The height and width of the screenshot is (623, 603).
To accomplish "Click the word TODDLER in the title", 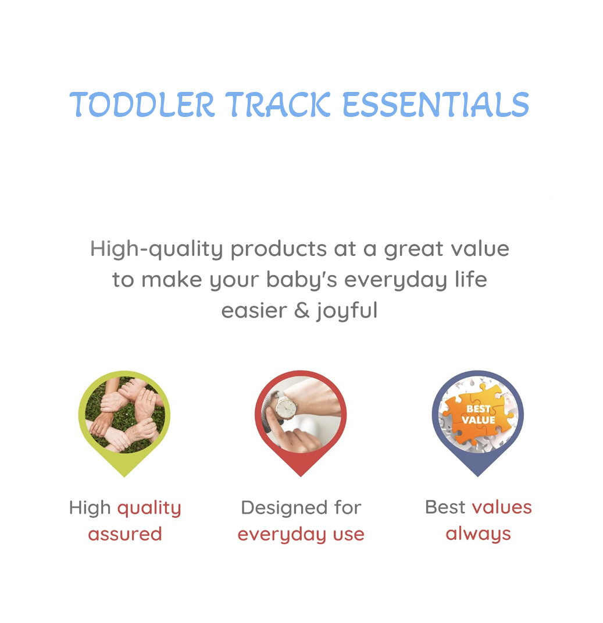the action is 142,105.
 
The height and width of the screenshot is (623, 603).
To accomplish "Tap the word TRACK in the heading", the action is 278,105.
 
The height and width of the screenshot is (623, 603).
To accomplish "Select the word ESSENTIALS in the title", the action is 436,105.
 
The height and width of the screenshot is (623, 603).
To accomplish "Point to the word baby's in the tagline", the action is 302,280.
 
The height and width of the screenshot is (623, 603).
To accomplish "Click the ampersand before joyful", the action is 302,310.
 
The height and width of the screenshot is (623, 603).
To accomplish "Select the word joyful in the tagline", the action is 347,311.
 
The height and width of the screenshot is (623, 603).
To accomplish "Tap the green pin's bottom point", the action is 124,476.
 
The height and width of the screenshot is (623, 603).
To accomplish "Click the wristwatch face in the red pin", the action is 286,408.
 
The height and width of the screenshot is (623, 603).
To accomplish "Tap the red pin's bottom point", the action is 301,476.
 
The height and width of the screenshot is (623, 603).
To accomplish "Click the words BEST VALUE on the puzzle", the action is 478,414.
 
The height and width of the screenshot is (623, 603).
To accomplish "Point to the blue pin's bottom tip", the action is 477,476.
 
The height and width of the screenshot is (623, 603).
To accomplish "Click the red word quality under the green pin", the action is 149,509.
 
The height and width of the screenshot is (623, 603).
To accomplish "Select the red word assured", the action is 125,535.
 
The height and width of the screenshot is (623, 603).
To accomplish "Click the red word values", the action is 502,507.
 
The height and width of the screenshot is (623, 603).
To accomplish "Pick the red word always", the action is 478,535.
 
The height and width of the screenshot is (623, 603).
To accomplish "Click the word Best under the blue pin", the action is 445,507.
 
